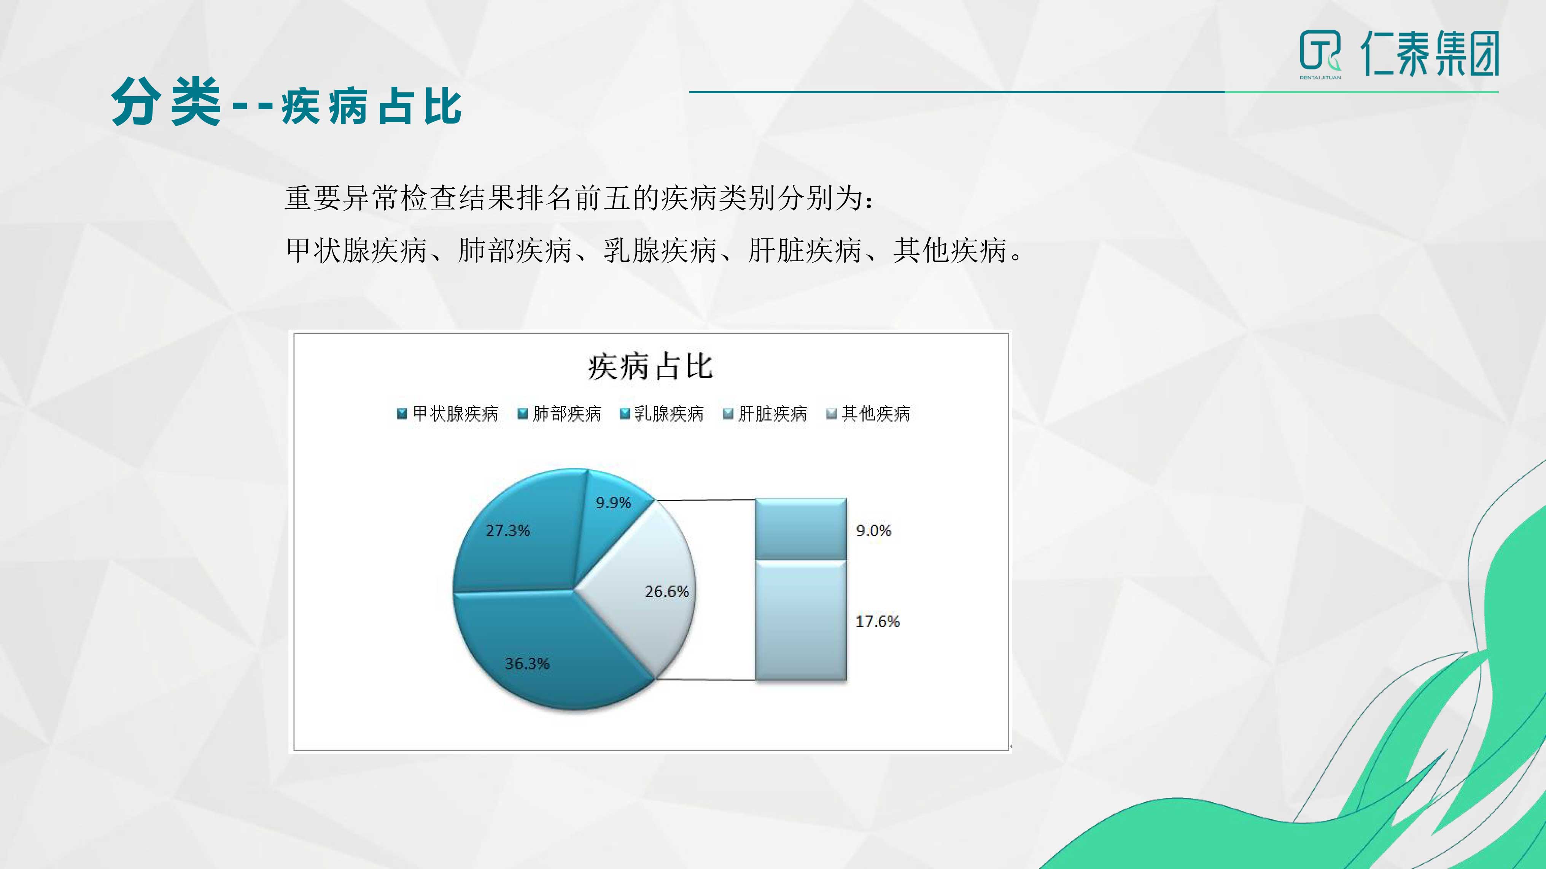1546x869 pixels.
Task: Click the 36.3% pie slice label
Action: pyautogui.click(x=527, y=663)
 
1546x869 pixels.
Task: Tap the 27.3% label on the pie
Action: pyautogui.click(x=508, y=530)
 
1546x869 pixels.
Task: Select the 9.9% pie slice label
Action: pyautogui.click(x=613, y=503)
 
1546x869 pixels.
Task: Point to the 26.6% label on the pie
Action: pyautogui.click(x=667, y=591)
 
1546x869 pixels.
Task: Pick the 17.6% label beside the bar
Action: pyautogui.click(x=878, y=621)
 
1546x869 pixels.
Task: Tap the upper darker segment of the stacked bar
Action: pyautogui.click(x=801, y=529)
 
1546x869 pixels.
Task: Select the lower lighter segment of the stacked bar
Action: pyautogui.click(x=801, y=620)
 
